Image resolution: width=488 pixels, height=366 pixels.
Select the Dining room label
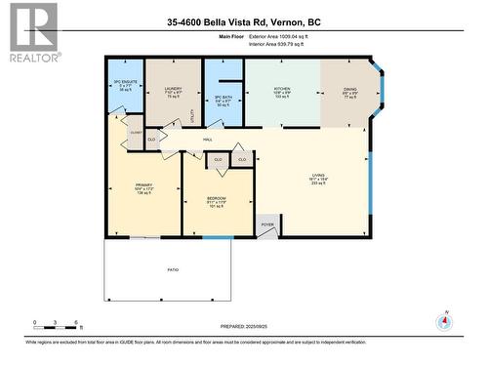(349, 92)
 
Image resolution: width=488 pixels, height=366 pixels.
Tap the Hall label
(208, 140)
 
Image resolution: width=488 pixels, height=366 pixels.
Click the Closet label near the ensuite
(136, 131)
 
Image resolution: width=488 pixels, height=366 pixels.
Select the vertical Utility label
(191, 115)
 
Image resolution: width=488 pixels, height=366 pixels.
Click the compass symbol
(445, 323)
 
